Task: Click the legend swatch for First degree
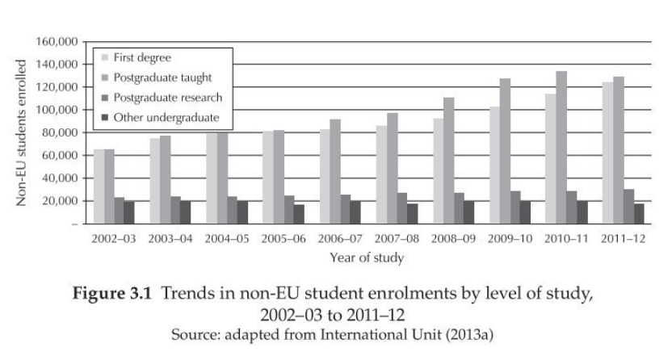105,57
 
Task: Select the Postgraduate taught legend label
163,77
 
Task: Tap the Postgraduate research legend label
168,98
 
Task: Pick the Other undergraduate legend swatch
105,118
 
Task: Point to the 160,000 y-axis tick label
55,41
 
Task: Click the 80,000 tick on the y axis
58,132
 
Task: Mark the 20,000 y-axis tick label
58,200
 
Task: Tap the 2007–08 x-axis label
397,240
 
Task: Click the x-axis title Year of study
366,258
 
